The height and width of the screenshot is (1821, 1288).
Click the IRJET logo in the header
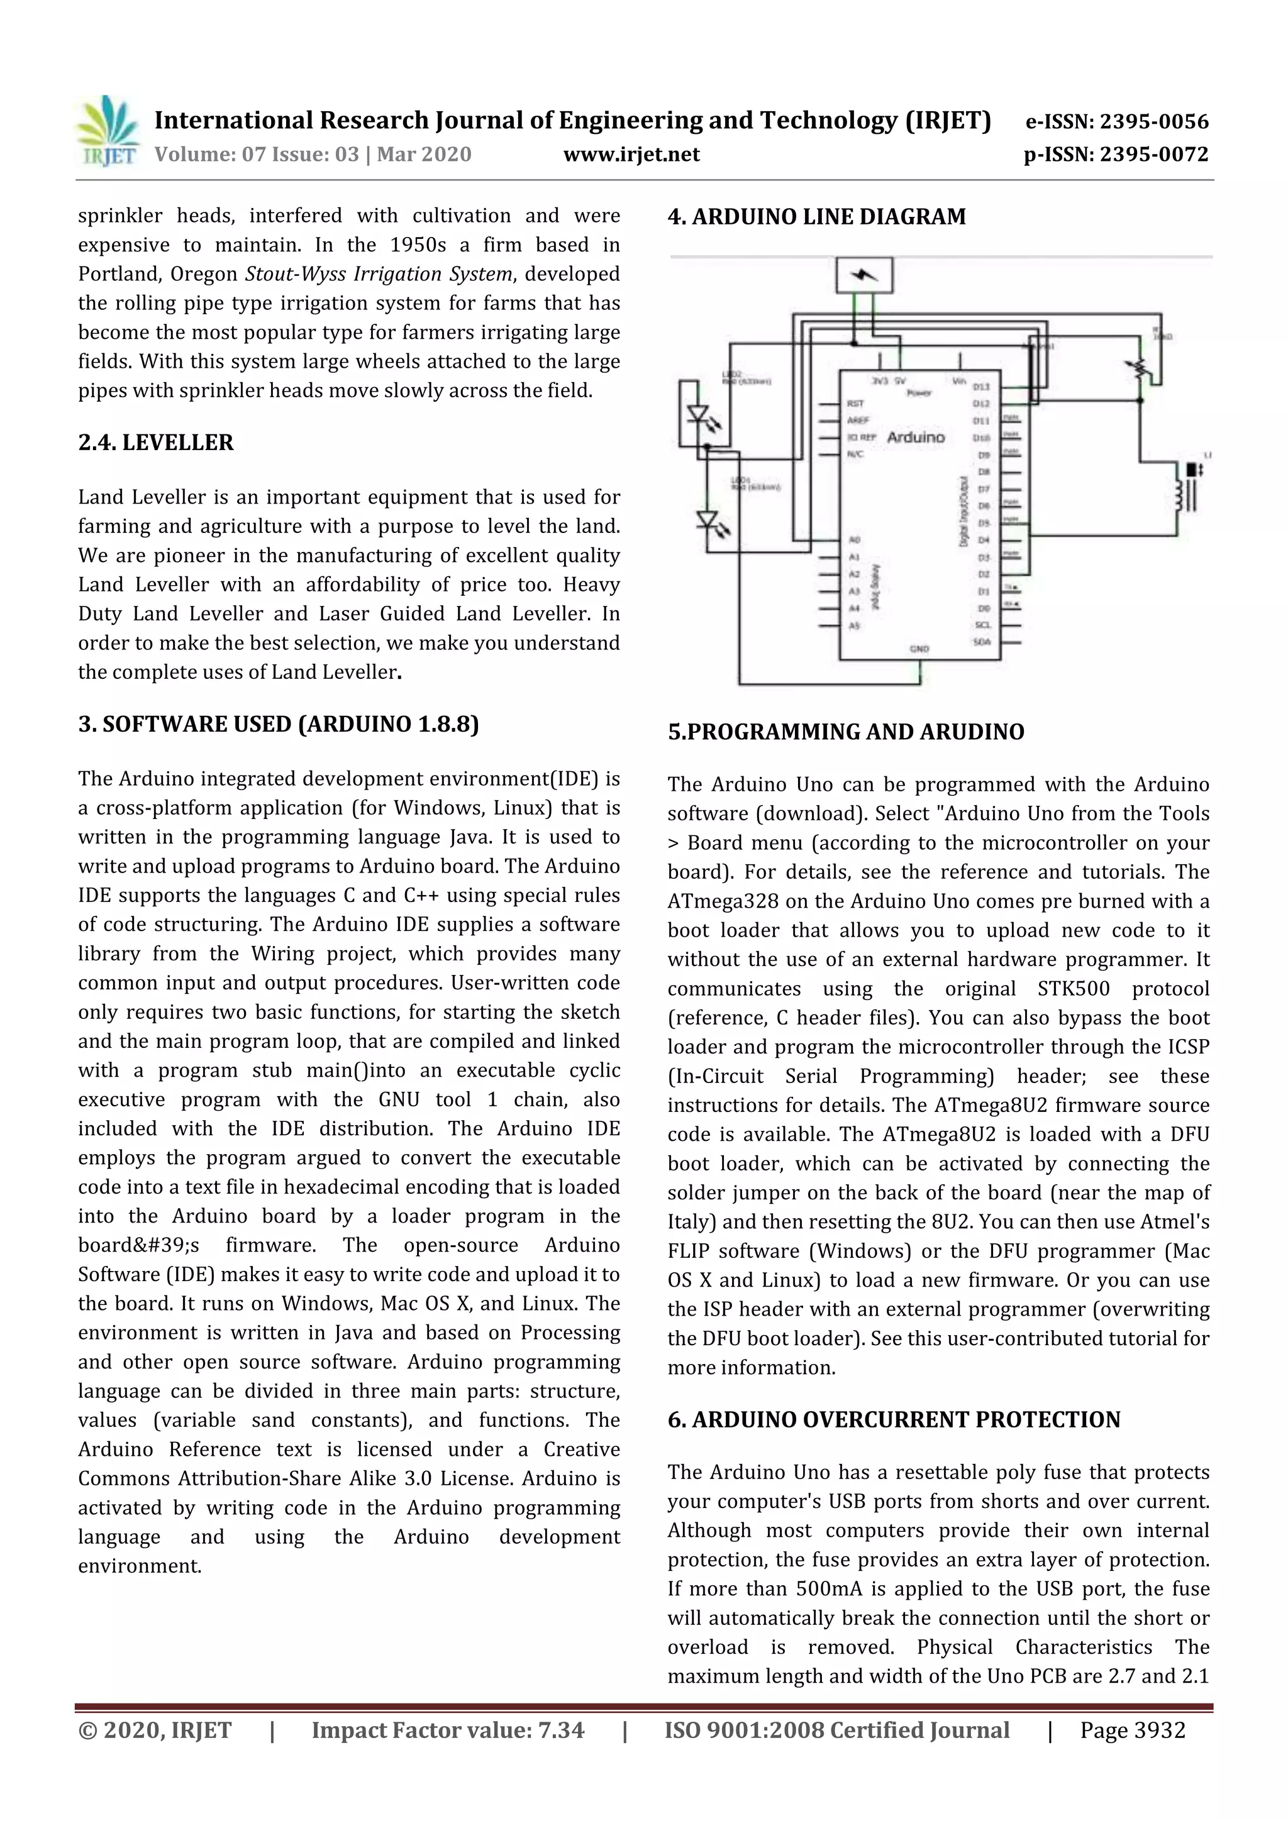[106, 131]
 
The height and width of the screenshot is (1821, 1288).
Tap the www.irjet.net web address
[631, 154]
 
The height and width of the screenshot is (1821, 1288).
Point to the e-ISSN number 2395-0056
[1153, 121]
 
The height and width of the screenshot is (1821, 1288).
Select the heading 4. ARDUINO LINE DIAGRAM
[816, 216]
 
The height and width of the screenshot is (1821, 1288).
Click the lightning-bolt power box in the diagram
[864, 275]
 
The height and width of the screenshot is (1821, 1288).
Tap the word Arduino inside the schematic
[916, 437]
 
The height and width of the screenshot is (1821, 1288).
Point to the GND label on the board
[919, 649]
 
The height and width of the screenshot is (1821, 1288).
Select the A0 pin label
[855, 540]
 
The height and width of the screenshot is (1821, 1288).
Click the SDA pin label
[982, 642]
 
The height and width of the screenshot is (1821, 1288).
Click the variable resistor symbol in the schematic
[1139, 369]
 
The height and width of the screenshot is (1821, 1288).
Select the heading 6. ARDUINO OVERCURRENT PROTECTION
[894, 1420]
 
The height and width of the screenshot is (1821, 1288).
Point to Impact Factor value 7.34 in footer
[448, 1730]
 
